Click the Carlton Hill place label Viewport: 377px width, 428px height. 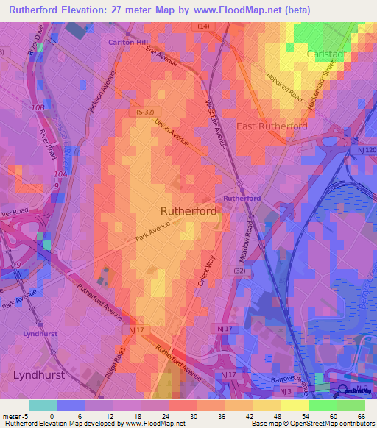click(128, 43)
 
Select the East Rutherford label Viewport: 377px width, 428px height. click(272, 126)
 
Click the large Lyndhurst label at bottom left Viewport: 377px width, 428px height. click(39, 374)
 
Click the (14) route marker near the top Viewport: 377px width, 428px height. click(203, 26)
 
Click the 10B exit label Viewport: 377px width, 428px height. click(38, 107)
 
